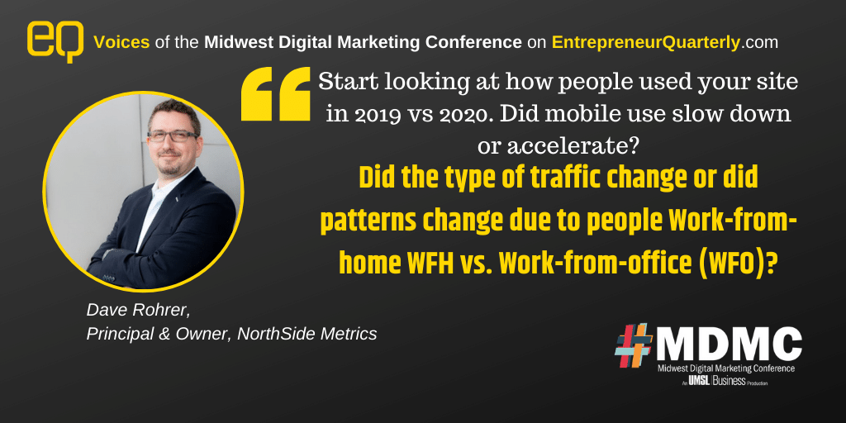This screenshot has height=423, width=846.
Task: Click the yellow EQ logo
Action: tap(55, 41)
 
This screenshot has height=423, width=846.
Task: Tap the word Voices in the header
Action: tap(122, 43)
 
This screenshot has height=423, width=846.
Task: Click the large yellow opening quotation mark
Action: tap(276, 93)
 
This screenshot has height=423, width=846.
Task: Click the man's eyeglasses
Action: tap(173, 135)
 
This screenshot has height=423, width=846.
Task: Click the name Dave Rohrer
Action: tap(138, 311)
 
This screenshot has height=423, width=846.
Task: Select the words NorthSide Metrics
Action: tap(307, 334)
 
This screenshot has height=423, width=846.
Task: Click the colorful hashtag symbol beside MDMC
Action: tap(634, 345)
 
